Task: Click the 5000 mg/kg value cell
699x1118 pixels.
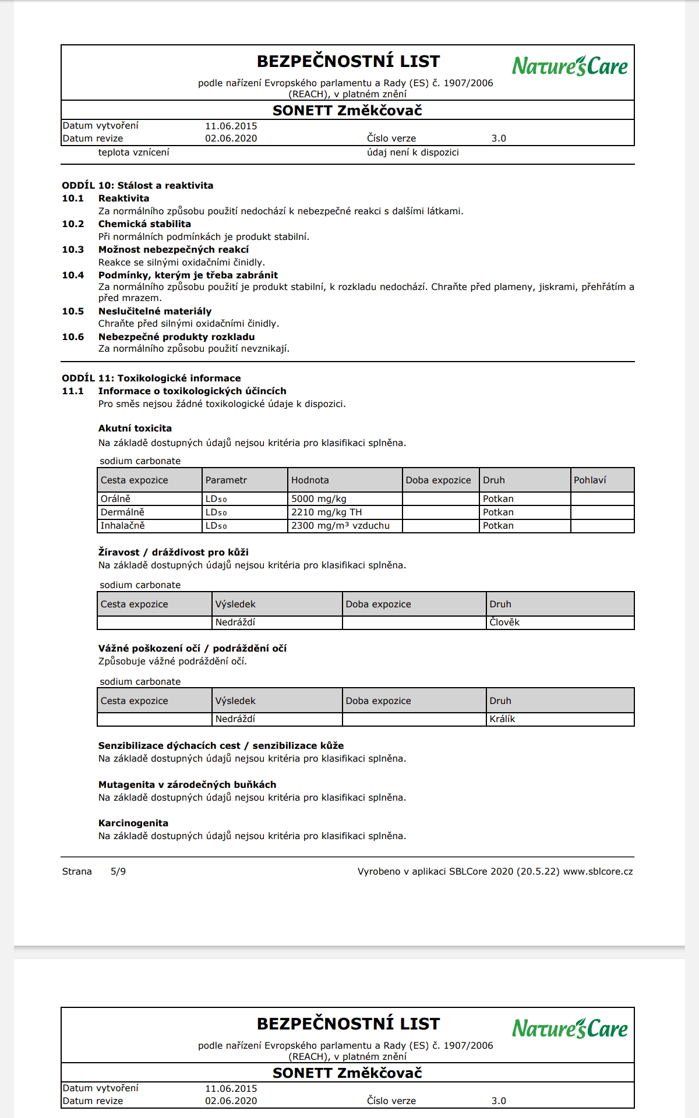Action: tap(319, 499)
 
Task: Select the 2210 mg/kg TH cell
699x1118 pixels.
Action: tap(326, 512)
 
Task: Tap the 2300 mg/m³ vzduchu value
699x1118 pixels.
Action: tap(340, 526)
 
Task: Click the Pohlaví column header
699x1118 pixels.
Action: tap(589, 480)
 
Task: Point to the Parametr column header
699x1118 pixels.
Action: tap(226, 480)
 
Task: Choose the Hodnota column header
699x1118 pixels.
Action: tap(310, 480)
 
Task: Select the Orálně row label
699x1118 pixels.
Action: tap(115, 499)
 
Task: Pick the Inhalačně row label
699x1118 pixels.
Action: tap(122, 526)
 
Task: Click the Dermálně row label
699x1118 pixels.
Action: tap(122, 512)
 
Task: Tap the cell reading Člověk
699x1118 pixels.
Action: tap(504, 622)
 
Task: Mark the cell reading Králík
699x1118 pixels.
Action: tap(502, 719)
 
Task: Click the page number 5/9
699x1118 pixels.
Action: tap(118, 872)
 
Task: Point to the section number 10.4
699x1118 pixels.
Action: tap(73, 275)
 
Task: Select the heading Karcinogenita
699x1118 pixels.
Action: tap(133, 823)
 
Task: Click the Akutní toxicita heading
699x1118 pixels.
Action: tap(135, 429)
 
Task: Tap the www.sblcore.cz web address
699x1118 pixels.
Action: tap(598, 872)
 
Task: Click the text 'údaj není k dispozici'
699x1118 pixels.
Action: tap(413, 153)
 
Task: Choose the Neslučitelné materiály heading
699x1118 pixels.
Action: tap(155, 312)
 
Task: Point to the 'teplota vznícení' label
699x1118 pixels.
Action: tap(134, 153)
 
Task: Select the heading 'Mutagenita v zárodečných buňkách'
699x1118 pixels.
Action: tap(187, 785)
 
